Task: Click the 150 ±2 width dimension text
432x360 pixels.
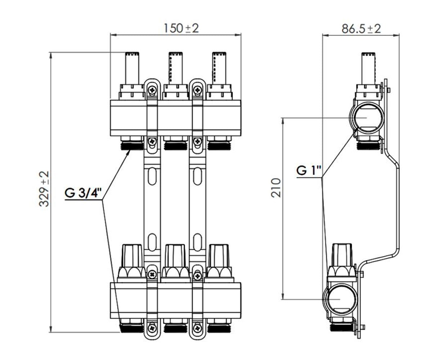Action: pos(181,28)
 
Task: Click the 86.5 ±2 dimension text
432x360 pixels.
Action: pos(361,29)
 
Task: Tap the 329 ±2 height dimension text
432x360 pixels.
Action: pos(44,189)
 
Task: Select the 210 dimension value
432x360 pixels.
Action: pos(276,188)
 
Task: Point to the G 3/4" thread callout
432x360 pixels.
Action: pos(83,193)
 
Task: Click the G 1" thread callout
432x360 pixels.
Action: pos(309,171)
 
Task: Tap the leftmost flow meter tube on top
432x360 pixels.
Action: pos(132,68)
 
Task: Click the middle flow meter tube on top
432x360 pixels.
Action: pos(176,68)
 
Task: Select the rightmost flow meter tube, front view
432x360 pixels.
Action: pos(219,68)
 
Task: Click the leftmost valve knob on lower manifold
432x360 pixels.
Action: pos(132,256)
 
